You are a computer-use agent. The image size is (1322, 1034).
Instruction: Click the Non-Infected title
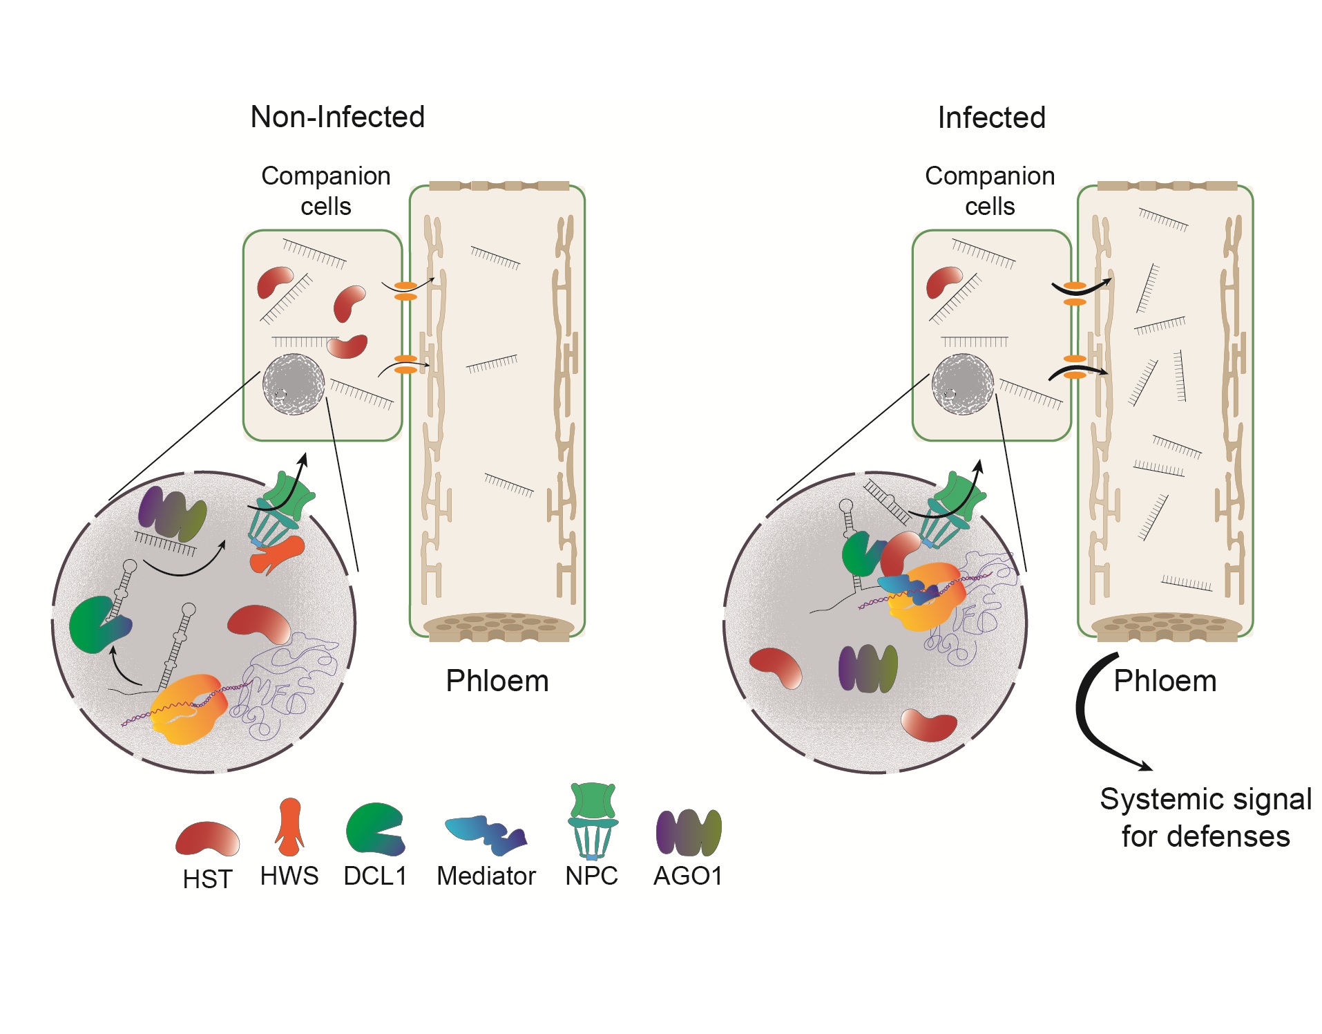(x=337, y=117)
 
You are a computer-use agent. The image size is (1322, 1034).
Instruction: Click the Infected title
(x=990, y=117)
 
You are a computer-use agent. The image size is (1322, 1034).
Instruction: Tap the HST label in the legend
(x=207, y=879)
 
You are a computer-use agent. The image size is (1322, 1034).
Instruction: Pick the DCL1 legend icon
(x=374, y=829)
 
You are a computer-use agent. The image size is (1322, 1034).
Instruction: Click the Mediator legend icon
(x=486, y=833)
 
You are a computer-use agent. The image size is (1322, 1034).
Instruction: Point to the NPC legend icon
(x=592, y=821)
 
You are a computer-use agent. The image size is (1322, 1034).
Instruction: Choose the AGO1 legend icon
(x=688, y=832)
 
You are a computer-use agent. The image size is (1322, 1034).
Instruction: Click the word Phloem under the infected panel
(x=1165, y=681)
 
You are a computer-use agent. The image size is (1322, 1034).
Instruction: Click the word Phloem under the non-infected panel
(x=497, y=681)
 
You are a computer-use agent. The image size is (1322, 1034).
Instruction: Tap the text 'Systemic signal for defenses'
(x=1205, y=818)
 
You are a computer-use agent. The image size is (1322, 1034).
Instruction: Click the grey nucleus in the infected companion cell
(x=962, y=384)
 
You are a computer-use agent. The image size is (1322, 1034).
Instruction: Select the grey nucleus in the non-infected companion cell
(x=294, y=384)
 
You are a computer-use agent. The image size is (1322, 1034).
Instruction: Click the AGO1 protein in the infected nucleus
(x=868, y=668)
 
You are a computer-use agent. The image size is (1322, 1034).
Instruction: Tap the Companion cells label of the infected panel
(x=989, y=191)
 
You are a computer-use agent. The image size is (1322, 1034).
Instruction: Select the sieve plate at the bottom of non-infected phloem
(x=498, y=626)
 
